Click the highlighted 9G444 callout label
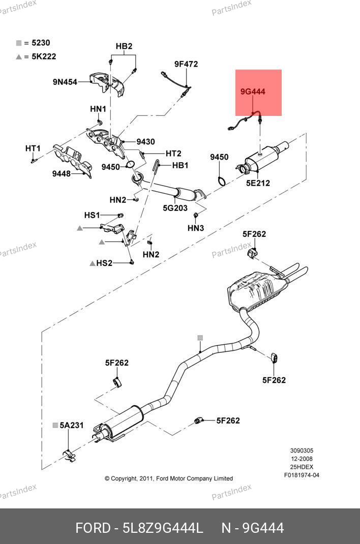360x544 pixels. (253, 92)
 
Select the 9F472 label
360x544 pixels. (186, 64)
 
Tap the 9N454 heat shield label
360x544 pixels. (65, 81)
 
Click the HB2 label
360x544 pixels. (124, 46)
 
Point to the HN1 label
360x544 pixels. (98, 109)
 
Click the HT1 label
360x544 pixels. (33, 148)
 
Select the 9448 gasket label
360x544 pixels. (62, 174)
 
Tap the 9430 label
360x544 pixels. (145, 142)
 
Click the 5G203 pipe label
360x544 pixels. (175, 208)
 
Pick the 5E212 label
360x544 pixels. (258, 183)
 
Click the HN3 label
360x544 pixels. (196, 228)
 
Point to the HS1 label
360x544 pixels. (92, 215)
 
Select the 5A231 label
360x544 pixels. (71, 425)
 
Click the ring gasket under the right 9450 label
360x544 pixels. (221, 180)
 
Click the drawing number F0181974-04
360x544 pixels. (302, 475)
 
